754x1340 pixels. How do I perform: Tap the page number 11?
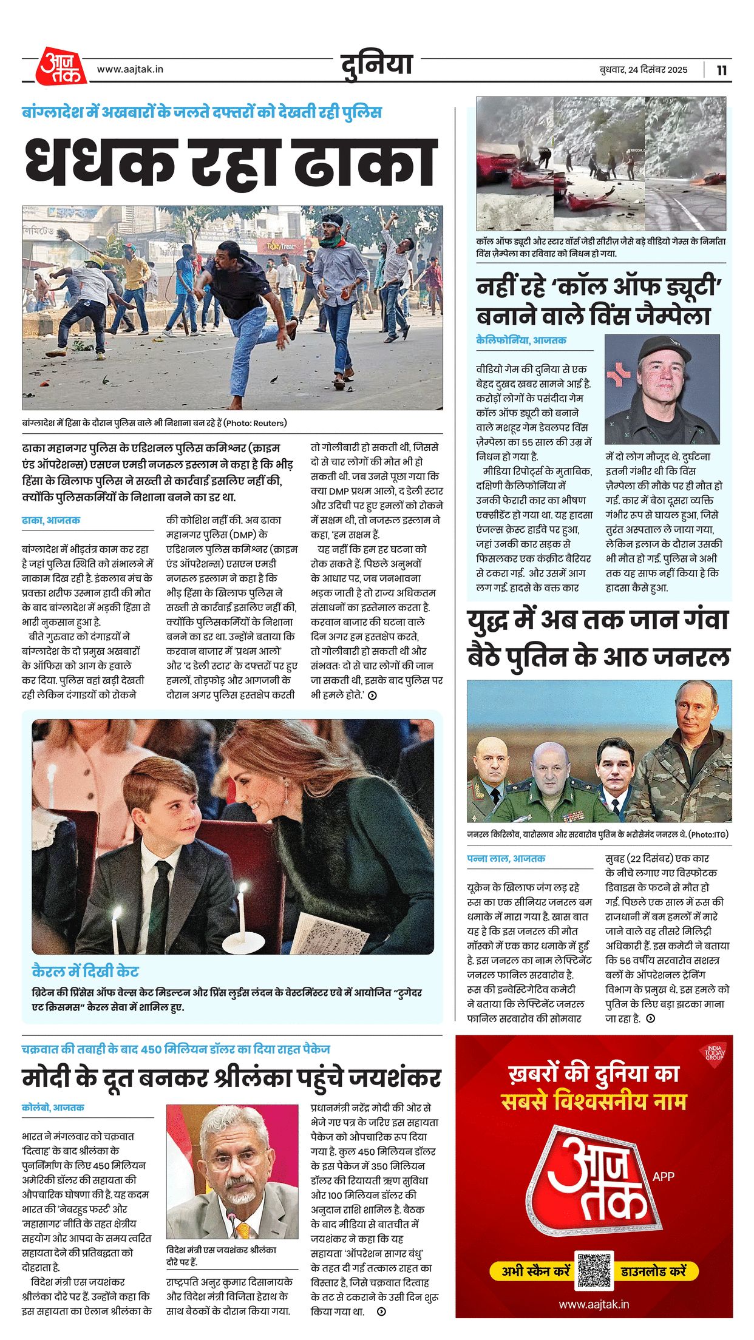point(721,70)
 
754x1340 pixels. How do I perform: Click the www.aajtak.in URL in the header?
point(130,69)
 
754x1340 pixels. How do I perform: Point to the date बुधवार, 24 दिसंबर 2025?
point(643,70)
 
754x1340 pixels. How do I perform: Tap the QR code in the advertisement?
point(594,1270)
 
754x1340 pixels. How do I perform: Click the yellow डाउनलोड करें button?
point(653,1271)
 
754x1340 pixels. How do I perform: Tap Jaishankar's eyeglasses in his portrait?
point(231,1162)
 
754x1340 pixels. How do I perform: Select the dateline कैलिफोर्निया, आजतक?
point(521,340)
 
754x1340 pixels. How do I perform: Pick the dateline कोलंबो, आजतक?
point(53,1108)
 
